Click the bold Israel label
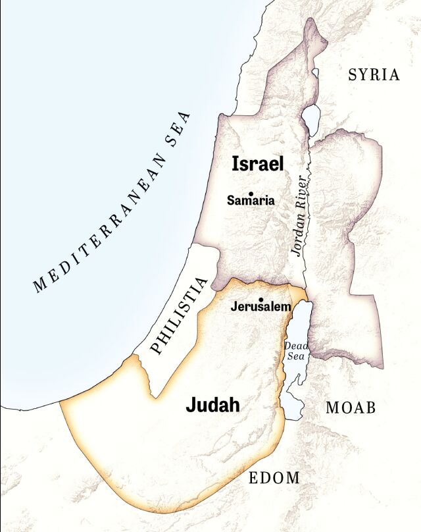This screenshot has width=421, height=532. pos(257,164)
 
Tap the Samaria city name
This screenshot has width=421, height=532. pos(251,201)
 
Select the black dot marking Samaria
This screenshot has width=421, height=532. pos(251,193)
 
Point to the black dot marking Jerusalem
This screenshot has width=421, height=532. pos(261,300)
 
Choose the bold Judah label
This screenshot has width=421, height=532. pos(212,405)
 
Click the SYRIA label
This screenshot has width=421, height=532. pos(374,74)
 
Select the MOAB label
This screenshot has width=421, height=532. pos(351,408)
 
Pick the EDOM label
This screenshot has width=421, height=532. pos(274,478)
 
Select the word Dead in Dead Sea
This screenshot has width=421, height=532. pos(295,345)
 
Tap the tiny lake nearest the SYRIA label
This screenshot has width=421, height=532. pos(315,73)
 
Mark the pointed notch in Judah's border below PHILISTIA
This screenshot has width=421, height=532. pos(155,396)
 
